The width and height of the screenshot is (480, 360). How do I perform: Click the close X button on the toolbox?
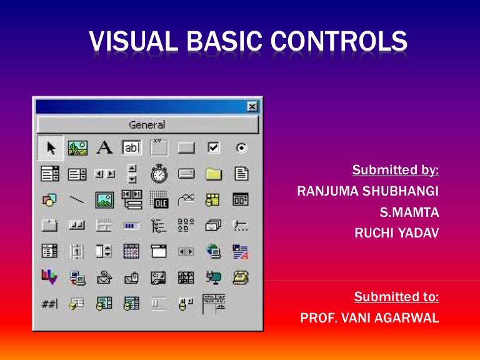(252, 107)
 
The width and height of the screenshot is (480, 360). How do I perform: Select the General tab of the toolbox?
(147, 125)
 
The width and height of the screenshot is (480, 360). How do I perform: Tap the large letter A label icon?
(104, 147)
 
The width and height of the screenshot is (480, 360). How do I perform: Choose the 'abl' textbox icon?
(132, 148)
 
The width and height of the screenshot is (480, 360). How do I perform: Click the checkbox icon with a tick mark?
(214, 148)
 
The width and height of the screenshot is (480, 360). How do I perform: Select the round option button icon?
(241, 148)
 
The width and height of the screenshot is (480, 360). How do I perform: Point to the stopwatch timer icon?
(159, 174)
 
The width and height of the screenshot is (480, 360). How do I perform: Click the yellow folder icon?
(214, 174)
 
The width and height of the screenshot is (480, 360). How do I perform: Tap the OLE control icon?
(159, 199)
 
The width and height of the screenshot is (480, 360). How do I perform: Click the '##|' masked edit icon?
(50, 303)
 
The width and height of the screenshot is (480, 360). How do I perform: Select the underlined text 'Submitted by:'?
(396, 170)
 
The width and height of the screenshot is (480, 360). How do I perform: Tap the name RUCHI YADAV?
(396, 234)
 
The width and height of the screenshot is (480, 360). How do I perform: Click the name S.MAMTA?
(409, 212)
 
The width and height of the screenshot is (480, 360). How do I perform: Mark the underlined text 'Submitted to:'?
(396, 296)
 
